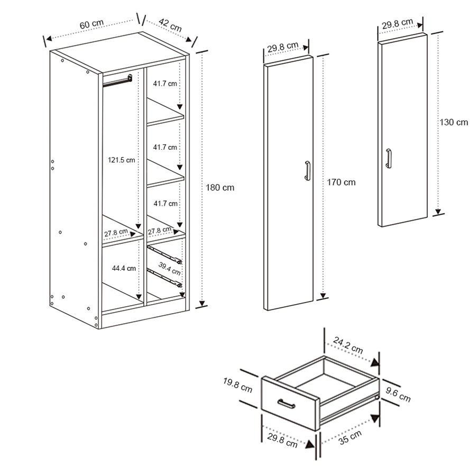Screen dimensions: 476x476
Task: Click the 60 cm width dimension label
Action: tap(91, 25)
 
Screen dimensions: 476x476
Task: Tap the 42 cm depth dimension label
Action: tap(170, 24)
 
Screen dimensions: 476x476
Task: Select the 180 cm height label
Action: tap(221, 187)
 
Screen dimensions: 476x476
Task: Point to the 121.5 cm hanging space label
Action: tap(121, 160)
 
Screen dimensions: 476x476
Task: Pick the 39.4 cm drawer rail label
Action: tap(170, 269)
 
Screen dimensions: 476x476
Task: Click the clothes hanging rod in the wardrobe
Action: tap(117, 80)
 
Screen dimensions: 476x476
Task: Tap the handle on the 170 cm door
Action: tap(307, 170)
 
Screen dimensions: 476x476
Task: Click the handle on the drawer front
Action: tap(286, 404)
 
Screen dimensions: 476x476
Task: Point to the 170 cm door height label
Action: tap(341, 182)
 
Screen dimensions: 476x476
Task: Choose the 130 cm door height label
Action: tap(453, 122)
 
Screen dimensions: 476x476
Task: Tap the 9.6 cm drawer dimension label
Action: tap(398, 394)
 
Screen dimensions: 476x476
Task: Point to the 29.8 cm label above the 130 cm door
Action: tap(397, 23)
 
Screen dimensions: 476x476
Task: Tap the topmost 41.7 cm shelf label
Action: tap(165, 83)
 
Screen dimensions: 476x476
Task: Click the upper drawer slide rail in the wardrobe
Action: tap(165, 253)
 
